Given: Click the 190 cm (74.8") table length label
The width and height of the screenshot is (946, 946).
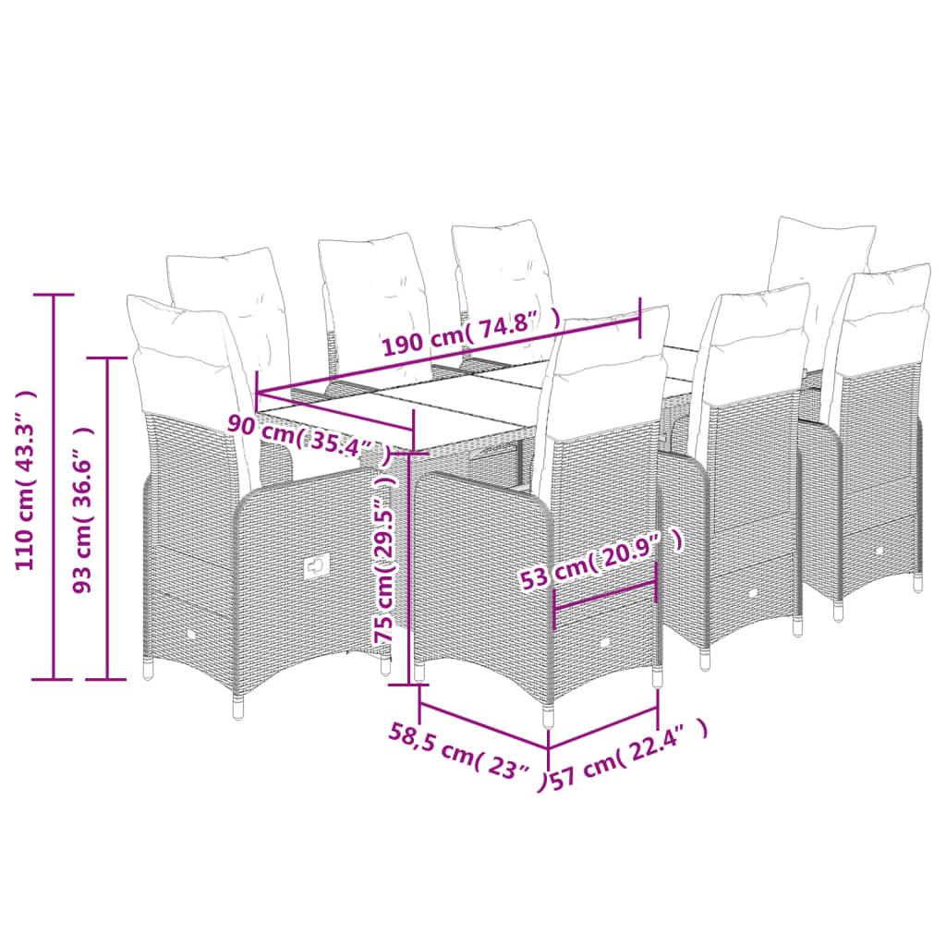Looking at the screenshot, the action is coord(471,334).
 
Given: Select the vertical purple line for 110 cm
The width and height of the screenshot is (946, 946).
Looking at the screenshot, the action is coord(54,487).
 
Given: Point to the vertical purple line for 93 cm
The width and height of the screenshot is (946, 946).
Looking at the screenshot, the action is coord(107,518).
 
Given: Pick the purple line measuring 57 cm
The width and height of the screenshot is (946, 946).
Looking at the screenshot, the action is coord(602,729).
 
